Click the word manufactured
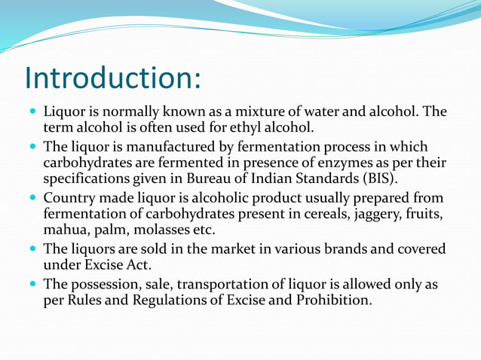click(167, 147)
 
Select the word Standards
click(329, 178)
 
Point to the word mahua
click(66, 230)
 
